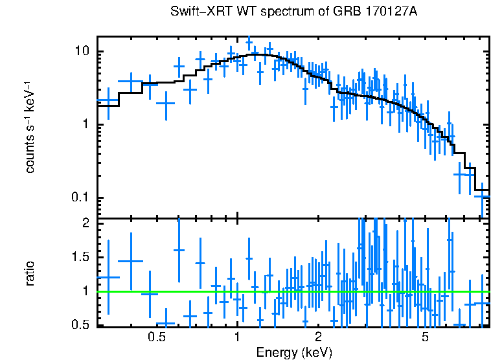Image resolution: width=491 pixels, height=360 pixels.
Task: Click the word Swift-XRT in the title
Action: tap(196, 12)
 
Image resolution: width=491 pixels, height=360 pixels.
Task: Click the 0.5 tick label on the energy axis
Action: tap(157, 338)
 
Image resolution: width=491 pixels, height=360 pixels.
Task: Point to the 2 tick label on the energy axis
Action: tap(318, 338)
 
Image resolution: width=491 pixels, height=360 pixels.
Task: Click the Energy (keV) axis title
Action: tap(294, 353)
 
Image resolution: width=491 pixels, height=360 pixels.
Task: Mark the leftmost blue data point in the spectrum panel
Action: tap(108, 100)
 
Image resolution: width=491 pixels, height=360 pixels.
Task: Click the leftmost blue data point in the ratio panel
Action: tap(108, 277)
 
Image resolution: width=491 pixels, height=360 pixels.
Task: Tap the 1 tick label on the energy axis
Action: tap(237, 338)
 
